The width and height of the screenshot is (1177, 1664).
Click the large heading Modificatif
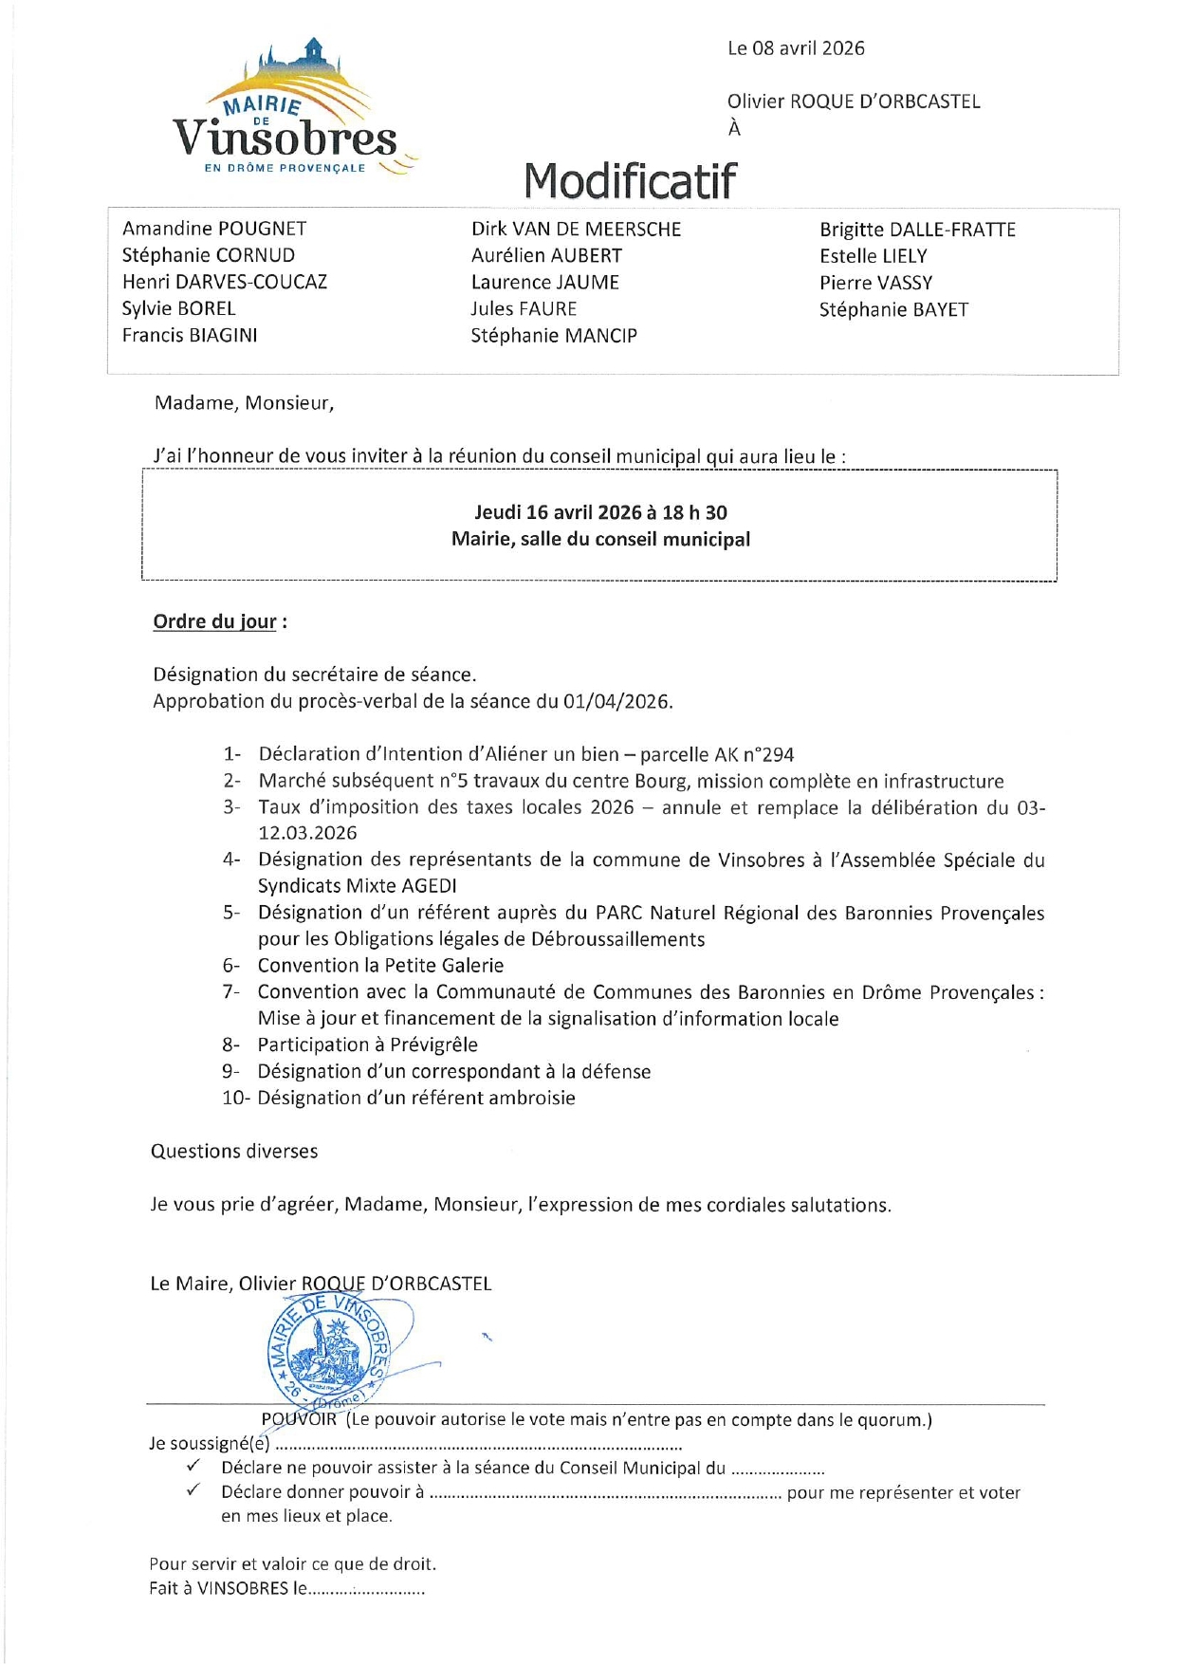(630, 180)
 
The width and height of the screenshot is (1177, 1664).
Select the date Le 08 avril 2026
(796, 48)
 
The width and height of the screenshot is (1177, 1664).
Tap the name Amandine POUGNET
(214, 229)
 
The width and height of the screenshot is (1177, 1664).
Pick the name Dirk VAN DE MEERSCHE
(576, 230)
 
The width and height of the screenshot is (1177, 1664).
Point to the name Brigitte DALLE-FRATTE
(917, 230)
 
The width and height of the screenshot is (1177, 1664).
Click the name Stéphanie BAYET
(893, 309)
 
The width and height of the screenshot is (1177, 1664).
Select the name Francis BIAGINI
(190, 335)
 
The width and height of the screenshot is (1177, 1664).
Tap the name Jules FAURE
(524, 309)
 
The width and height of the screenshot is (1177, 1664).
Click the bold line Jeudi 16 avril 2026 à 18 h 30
(600, 512)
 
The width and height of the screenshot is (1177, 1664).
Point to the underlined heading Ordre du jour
(215, 622)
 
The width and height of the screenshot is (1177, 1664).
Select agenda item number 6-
(231, 966)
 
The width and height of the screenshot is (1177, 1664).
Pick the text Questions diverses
(234, 1151)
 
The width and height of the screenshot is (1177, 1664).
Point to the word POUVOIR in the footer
(299, 1419)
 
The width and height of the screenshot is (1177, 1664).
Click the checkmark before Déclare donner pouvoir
(193, 1489)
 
